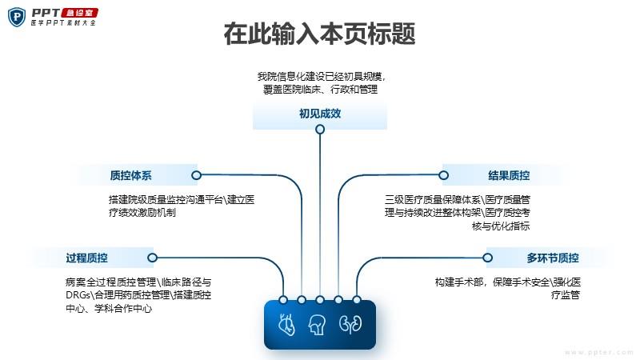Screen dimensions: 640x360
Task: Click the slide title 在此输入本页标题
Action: [319, 34]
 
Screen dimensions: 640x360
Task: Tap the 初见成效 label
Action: [320, 114]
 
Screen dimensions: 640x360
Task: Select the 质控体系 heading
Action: [130, 175]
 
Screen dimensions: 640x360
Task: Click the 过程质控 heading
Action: [87, 258]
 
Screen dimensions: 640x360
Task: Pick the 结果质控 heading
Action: [509, 175]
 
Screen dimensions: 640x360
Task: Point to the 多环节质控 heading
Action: [553, 258]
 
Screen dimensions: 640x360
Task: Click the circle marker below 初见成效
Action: [320, 130]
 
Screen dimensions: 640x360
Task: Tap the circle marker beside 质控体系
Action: [196, 175]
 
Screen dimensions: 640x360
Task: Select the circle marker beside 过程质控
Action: [152, 258]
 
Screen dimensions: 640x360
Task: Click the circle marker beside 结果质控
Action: [444, 175]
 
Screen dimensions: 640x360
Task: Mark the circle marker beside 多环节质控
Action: [487, 258]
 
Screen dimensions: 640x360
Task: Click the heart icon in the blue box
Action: [286, 325]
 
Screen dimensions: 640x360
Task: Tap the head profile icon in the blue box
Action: [317, 325]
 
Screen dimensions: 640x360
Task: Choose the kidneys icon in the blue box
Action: [350, 324]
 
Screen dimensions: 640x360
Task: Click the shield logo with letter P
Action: [17, 17]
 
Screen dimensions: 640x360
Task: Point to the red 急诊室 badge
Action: [79, 13]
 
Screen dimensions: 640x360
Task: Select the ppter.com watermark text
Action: [598, 352]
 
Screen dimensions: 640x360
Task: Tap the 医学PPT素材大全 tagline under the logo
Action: [63, 23]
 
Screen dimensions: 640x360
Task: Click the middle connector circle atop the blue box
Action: [320, 300]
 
